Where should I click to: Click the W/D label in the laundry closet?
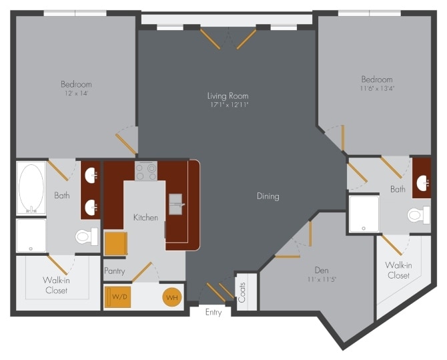pos(119,297)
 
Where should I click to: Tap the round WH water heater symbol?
pos(171,297)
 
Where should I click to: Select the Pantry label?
pos(115,271)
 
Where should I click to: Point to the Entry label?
pos(213,313)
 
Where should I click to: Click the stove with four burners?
pos(146,172)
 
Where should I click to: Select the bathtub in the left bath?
pos(31,188)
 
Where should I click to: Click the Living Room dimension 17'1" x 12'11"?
pos(228,105)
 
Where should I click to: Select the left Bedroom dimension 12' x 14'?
pos(76,94)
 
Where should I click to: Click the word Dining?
pos(268,196)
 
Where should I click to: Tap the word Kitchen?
pos(145,218)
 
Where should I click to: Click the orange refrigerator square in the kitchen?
pos(114,243)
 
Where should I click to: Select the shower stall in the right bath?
pos(364,213)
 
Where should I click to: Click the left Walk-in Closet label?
pos(57,285)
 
